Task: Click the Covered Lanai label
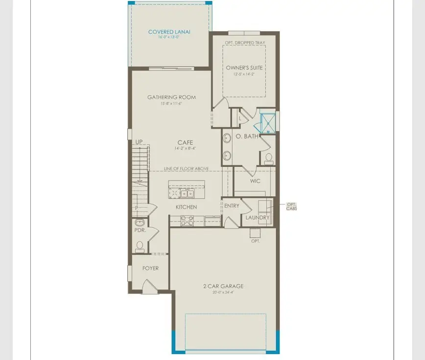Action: (x=169, y=32)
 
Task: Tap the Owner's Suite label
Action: (x=245, y=67)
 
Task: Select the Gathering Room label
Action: (x=171, y=97)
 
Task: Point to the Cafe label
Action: (x=185, y=142)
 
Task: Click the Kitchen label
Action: (x=186, y=207)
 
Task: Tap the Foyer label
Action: (x=150, y=268)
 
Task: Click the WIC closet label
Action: (x=255, y=181)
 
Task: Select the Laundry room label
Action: (x=258, y=217)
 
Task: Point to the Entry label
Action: (x=232, y=206)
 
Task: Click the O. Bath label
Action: (x=247, y=136)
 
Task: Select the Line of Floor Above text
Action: (x=186, y=169)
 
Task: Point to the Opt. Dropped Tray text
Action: (x=245, y=43)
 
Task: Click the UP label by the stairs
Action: (x=139, y=142)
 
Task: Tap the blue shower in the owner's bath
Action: (x=268, y=123)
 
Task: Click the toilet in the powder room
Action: (x=139, y=246)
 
